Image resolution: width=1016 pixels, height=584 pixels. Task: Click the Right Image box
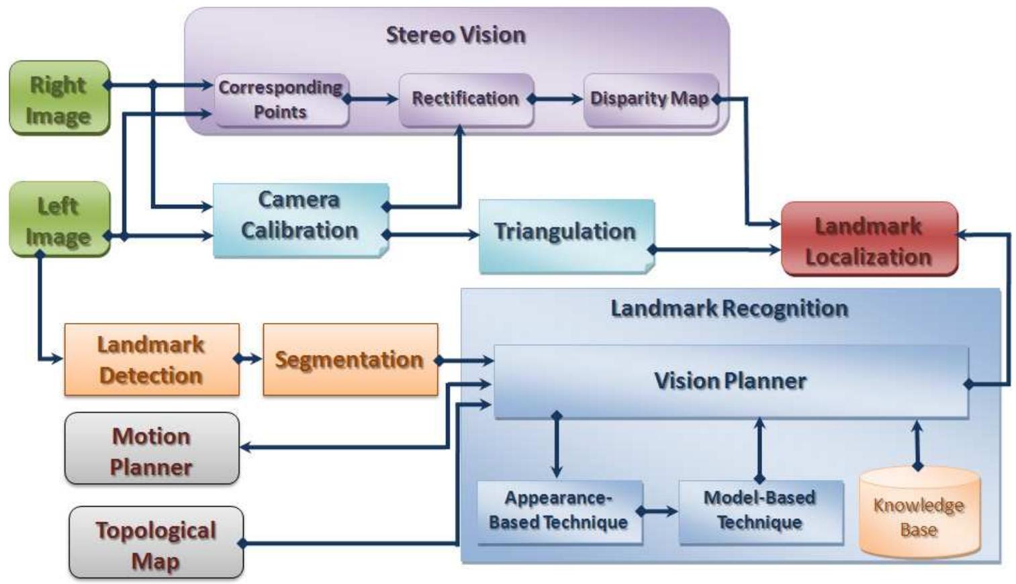point(59,99)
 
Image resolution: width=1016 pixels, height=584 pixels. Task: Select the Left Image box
point(59,220)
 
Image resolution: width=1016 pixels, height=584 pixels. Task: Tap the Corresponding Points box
point(281,100)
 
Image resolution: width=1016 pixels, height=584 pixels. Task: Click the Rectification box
point(465,99)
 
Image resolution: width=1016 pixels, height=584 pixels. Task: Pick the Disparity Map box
point(649,99)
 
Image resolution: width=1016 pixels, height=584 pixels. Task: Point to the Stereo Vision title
point(455,35)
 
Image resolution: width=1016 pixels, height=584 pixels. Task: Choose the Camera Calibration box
point(299,216)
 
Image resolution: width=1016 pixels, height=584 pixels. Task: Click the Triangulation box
point(565,233)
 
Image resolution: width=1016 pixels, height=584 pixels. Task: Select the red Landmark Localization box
point(868,240)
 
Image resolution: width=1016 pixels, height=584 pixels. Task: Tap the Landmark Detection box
point(151,360)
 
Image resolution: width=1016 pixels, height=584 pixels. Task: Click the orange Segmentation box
point(349,360)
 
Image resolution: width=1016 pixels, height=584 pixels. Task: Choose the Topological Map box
point(155,543)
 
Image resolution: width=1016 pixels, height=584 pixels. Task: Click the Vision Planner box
point(730,381)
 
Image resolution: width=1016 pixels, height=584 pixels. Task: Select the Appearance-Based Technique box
point(558,511)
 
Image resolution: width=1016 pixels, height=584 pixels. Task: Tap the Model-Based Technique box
point(759,511)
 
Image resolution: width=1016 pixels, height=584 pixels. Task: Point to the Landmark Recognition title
point(729,309)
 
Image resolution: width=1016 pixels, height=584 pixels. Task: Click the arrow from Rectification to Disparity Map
point(557,99)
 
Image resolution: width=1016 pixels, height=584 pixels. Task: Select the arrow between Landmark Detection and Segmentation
point(250,359)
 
